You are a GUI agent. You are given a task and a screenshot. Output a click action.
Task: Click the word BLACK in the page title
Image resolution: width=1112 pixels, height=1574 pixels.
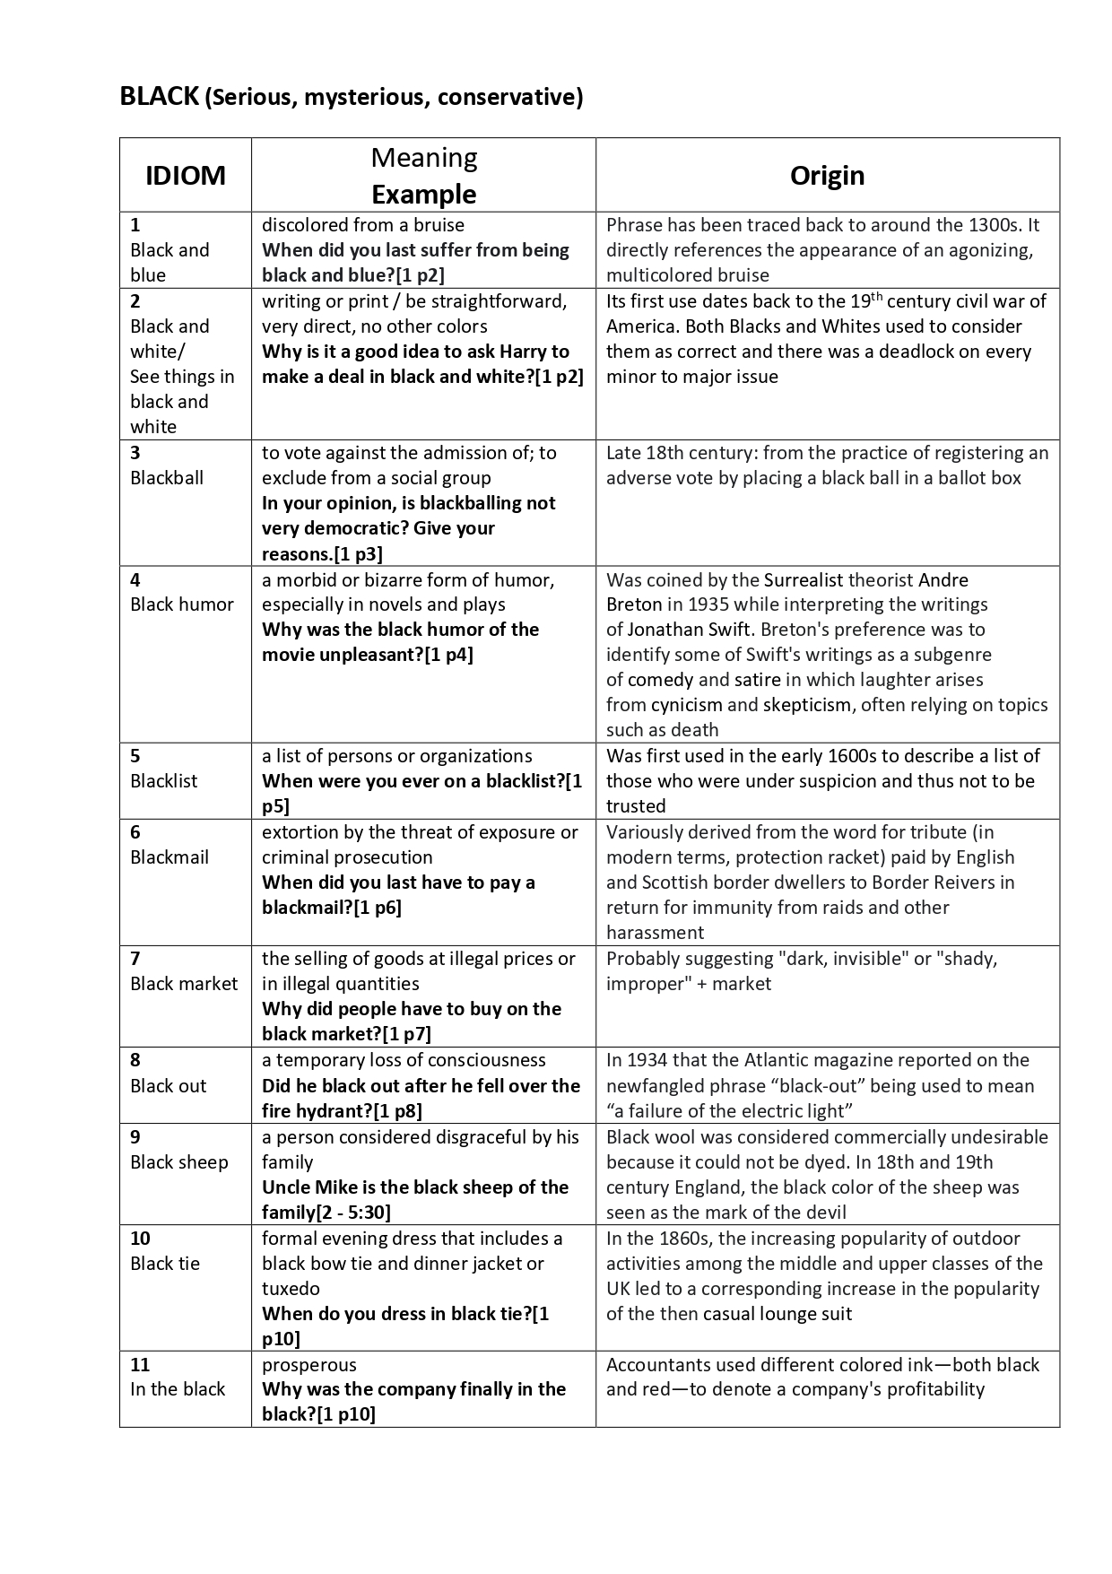pos(159,96)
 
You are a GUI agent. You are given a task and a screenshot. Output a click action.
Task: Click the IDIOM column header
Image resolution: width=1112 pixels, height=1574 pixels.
pos(186,175)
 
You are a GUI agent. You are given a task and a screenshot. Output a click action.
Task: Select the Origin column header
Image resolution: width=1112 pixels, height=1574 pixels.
pos(827,175)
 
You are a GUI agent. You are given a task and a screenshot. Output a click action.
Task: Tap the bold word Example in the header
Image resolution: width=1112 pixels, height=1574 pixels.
pos(423,194)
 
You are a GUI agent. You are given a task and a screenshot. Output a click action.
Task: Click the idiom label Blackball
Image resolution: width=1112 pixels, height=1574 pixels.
pos(167,477)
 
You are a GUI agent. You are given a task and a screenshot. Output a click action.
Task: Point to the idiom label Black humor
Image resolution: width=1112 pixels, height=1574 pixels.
pos(182,604)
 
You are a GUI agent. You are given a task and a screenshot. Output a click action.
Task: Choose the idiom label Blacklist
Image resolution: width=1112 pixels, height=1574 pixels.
pos(164,780)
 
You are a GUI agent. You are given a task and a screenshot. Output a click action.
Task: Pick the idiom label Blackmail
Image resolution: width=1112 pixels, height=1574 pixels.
pos(169,857)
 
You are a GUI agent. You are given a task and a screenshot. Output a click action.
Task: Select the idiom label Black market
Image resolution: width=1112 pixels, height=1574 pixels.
pos(184,983)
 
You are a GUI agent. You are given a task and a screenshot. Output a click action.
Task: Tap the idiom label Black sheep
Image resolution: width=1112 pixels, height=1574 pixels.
pos(179,1161)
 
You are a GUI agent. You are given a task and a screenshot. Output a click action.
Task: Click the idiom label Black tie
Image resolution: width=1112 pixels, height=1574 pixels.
pos(165,1263)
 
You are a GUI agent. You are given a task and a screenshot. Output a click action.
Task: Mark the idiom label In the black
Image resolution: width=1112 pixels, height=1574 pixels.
pos(178,1388)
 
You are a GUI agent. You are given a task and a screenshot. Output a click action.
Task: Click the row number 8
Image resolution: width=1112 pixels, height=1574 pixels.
pos(135,1060)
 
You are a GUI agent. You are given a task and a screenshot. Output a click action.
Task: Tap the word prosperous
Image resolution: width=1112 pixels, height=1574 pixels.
pos(309,1364)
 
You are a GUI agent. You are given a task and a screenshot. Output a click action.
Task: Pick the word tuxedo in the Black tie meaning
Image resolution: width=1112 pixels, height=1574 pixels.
pos(291,1288)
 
